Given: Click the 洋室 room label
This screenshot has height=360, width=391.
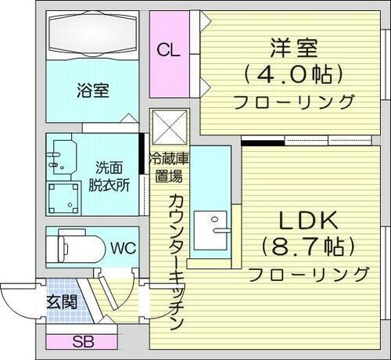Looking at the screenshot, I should point(293,48).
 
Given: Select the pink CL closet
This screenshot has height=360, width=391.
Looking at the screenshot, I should point(169,52).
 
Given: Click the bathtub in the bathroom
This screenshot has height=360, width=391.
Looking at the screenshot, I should point(94,35).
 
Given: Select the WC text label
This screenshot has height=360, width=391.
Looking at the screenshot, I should point(123,249).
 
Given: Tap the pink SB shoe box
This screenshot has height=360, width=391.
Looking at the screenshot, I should point(82,341).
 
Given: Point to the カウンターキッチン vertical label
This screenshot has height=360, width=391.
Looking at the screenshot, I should point(176,258).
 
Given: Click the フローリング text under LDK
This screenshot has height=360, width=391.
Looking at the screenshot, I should point(308,274).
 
